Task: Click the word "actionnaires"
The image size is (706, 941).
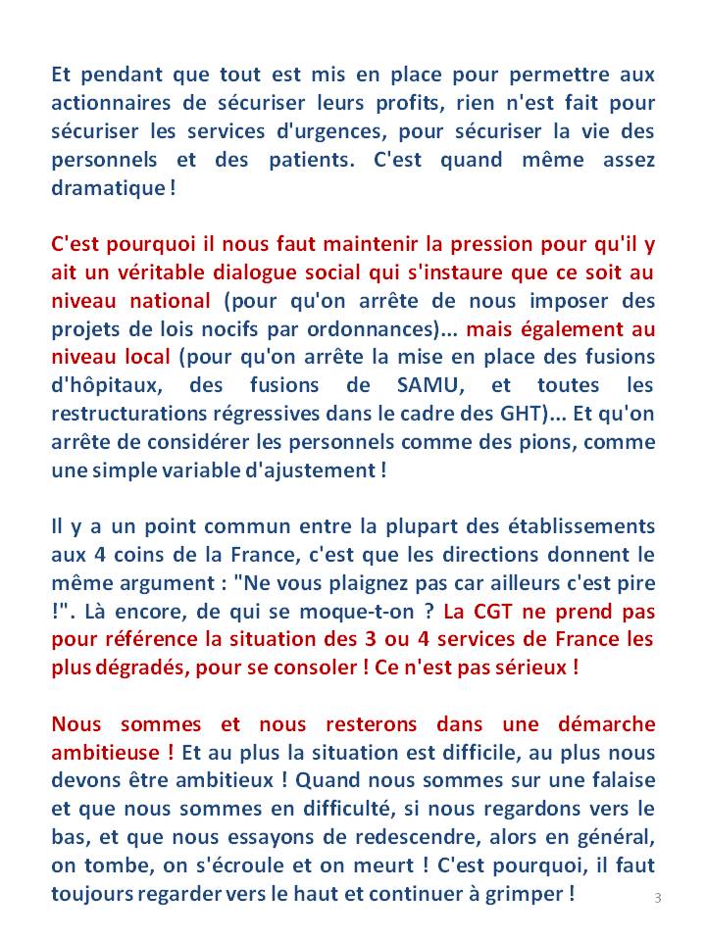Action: pos(108,103)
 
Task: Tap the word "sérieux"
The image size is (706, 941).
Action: pos(531,669)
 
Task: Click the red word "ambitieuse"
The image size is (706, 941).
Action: pos(108,754)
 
